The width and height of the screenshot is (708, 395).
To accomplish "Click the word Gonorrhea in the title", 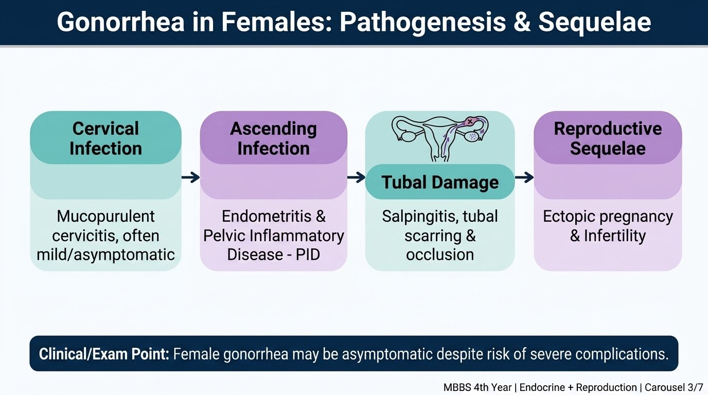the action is tap(120, 22).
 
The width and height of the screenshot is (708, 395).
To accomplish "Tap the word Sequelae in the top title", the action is tap(594, 22).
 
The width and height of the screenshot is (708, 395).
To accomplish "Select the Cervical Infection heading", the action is tap(105, 138).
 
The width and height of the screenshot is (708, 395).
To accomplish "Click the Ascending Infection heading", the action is tap(273, 138).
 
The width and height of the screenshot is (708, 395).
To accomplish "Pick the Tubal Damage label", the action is tap(440, 183).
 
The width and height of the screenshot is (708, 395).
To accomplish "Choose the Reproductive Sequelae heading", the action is tap(608, 138).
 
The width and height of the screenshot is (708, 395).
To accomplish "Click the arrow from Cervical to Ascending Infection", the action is tap(190, 177).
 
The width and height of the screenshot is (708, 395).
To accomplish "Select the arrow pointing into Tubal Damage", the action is tap(356, 177).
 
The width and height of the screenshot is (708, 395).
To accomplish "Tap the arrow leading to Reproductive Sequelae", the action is tap(524, 177).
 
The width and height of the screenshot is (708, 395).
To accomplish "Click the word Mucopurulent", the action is tap(105, 217).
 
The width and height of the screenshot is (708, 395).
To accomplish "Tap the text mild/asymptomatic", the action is tap(105, 255).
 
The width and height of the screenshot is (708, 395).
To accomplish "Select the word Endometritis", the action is tap(267, 217).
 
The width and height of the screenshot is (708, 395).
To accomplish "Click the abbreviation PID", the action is tap(308, 255).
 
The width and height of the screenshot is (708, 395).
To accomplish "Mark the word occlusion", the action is tap(440, 255).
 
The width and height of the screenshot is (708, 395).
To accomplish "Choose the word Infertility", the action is tap(614, 236).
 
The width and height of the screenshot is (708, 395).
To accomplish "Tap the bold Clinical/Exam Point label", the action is tap(104, 354).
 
